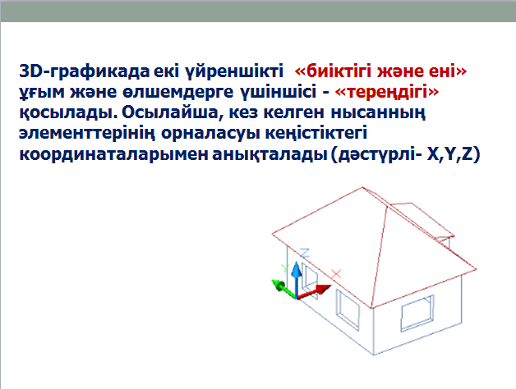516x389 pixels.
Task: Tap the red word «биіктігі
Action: [334, 71]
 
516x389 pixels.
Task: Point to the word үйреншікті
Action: [234, 71]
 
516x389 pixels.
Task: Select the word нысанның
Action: [378, 112]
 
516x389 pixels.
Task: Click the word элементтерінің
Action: [87, 134]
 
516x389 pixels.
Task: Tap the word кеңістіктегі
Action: [316, 134]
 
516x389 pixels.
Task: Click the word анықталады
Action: [270, 154]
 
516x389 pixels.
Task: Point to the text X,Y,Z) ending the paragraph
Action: [454, 154]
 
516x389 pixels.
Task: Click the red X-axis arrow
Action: [314, 292]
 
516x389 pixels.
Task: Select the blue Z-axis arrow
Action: [297, 280]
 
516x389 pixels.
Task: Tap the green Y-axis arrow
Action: [284, 289]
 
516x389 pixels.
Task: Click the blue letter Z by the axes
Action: [305, 253]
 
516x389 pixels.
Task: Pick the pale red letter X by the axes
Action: [336, 274]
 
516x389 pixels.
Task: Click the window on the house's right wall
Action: [417, 313]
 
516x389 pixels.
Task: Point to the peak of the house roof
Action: [362, 187]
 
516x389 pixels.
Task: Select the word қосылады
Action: [68, 112]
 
